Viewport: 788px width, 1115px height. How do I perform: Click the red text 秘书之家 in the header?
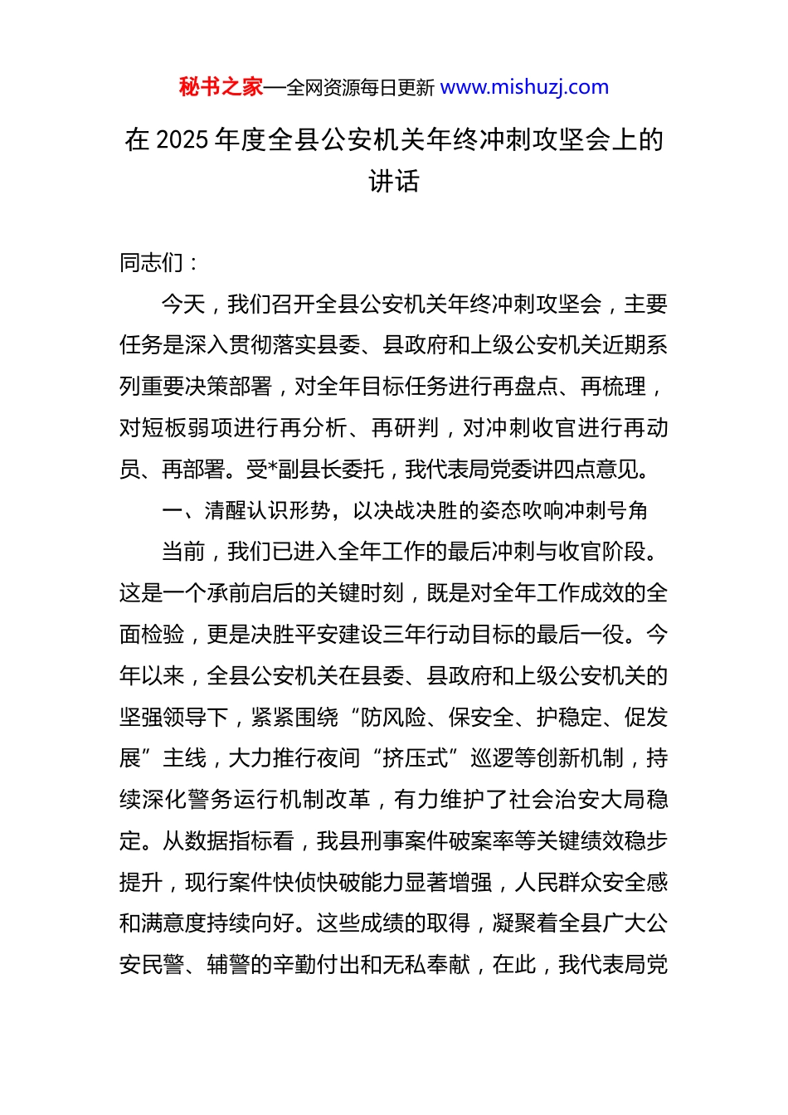click(x=221, y=87)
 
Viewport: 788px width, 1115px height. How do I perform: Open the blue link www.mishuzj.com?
click(x=524, y=87)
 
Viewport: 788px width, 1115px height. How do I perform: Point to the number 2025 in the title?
click(x=182, y=139)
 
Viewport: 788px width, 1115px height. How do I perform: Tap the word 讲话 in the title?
click(x=394, y=181)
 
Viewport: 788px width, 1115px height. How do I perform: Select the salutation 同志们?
click(x=152, y=263)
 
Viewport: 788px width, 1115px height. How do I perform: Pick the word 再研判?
click(x=405, y=428)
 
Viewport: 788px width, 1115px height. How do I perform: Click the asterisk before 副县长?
click(x=273, y=470)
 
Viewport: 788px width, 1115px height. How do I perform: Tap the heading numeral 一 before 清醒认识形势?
click(x=173, y=511)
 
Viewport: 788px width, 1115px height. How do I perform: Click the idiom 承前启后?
click(x=251, y=593)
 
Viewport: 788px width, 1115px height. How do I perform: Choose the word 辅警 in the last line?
click(x=228, y=965)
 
